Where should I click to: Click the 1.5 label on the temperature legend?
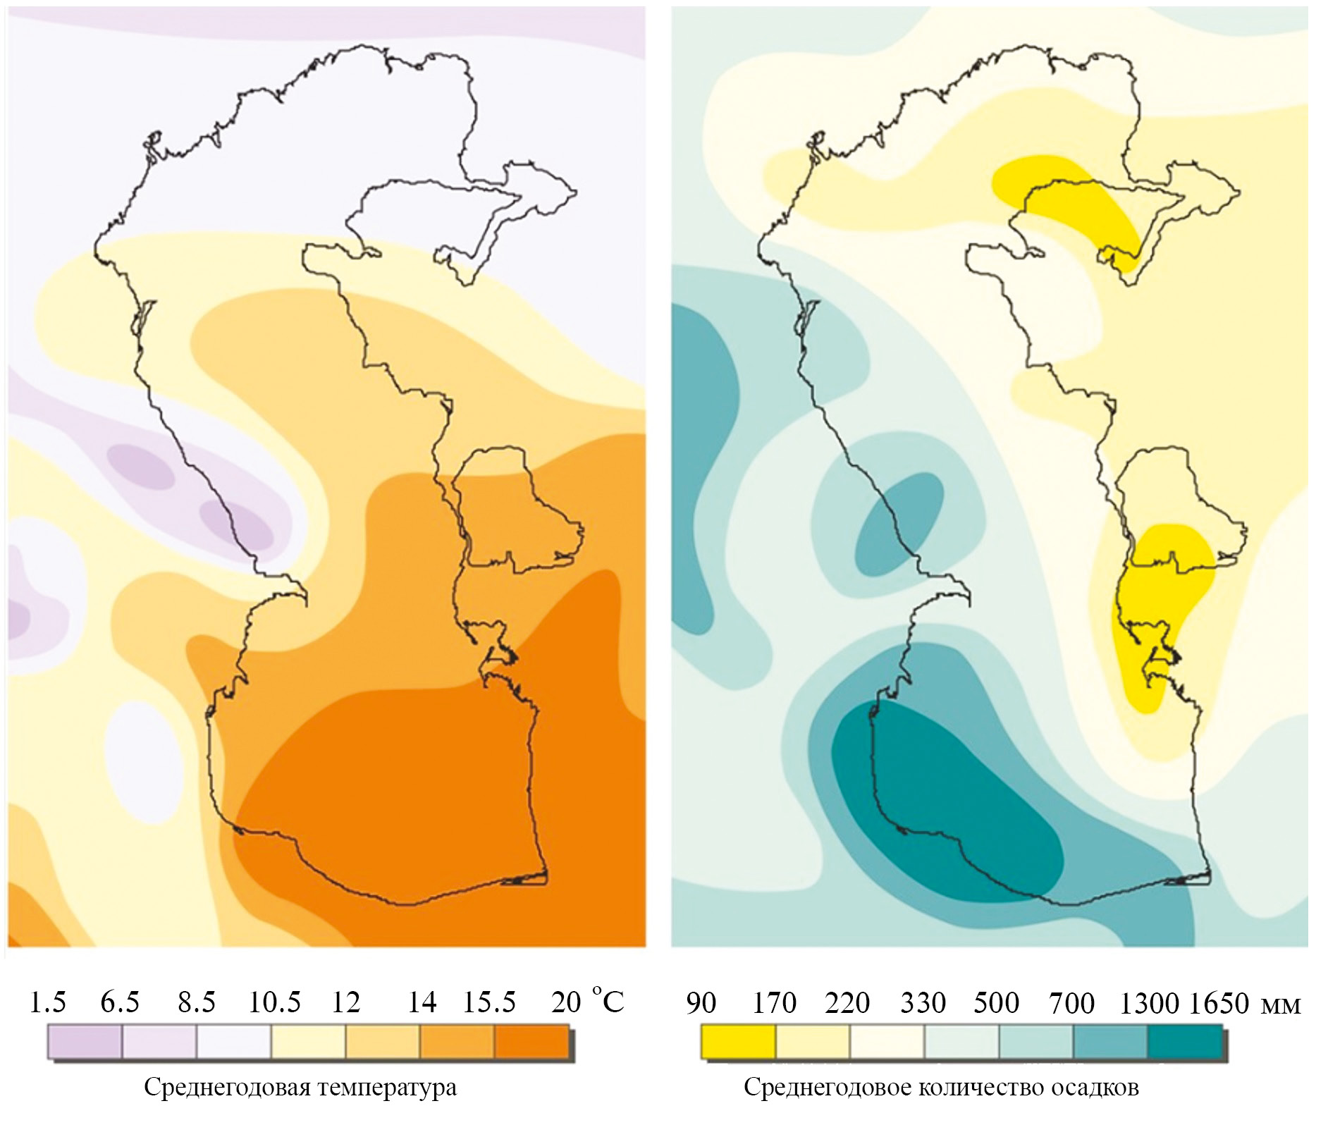(x=48, y=1002)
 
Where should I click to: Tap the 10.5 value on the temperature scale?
(x=274, y=1002)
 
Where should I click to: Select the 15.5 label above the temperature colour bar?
(x=489, y=1002)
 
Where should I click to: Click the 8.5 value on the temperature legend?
(x=197, y=1002)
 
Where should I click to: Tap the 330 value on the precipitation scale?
(x=923, y=1002)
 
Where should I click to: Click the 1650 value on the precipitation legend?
(x=1219, y=1002)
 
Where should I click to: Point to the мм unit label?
(x=1280, y=1005)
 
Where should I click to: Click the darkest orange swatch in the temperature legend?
(x=531, y=1041)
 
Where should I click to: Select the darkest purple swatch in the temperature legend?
(x=85, y=1041)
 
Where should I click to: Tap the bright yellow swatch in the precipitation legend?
(x=738, y=1042)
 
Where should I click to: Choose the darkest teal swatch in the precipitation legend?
(x=1185, y=1042)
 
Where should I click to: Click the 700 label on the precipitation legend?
(x=1071, y=1002)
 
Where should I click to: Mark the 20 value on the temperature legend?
(x=566, y=1002)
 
